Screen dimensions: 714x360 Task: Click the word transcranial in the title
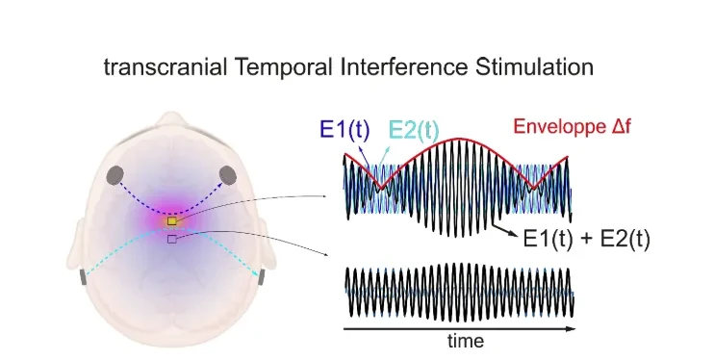point(166,67)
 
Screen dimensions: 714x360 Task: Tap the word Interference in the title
point(403,67)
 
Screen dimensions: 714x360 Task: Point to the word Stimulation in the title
point(534,67)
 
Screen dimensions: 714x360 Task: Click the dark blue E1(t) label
point(345,129)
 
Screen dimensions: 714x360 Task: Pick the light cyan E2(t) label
point(414,130)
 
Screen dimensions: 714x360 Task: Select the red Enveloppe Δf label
point(573,126)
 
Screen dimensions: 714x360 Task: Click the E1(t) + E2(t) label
point(587,238)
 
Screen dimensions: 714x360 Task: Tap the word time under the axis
point(466,341)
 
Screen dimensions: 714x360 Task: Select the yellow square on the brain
point(171,221)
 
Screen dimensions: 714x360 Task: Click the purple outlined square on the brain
point(171,239)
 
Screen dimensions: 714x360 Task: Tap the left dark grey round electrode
point(115,175)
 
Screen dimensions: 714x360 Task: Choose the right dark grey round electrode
point(228,175)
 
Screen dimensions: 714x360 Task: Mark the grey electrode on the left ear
point(84,277)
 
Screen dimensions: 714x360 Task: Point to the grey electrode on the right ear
point(261,276)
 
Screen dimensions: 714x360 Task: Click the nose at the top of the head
point(171,121)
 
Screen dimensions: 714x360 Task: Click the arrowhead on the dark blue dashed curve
point(223,183)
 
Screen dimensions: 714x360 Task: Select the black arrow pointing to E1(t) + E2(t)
point(505,229)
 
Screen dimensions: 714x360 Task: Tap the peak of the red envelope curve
point(458,138)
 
